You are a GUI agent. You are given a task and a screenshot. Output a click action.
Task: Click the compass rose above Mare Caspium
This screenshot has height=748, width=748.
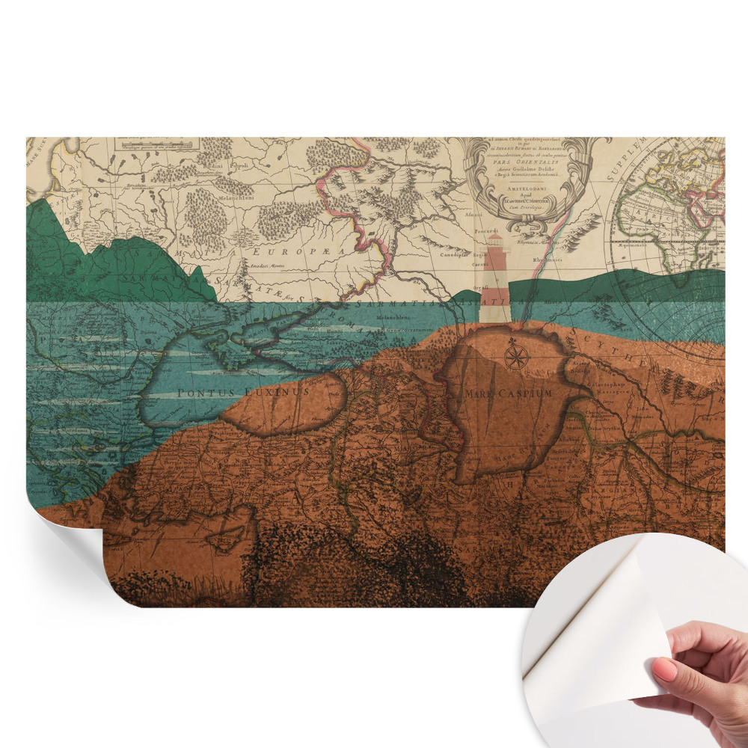click(516, 355)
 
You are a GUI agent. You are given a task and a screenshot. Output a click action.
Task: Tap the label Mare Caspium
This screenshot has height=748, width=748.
click(508, 393)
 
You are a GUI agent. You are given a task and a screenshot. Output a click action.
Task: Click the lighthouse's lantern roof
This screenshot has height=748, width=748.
click(496, 239)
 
